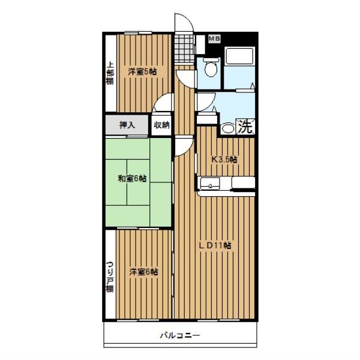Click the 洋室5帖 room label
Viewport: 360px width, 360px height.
tap(142, 72)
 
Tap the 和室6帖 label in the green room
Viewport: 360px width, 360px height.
tap(132, 178)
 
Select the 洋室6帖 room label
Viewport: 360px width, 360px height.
tap(143, 272)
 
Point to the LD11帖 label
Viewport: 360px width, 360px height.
tap(215, 245)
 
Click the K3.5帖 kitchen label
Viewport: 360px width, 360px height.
tap(224, 159)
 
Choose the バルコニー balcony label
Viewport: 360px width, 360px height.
tap(180, 335)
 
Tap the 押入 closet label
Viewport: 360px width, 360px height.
tap(127, 125)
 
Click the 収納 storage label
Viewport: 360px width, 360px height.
tap(161, 125)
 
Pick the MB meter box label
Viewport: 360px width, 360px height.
tap(214, 38)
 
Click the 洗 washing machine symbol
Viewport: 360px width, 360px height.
tap(245, 127)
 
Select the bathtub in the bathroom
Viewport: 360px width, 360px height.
tap(239, 56)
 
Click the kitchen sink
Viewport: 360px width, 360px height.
tap(210, 184)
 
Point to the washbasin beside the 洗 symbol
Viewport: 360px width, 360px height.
tap(228, 129)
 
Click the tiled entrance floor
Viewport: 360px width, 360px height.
tap(184, 49)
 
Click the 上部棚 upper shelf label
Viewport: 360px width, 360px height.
tap(110, 74)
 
